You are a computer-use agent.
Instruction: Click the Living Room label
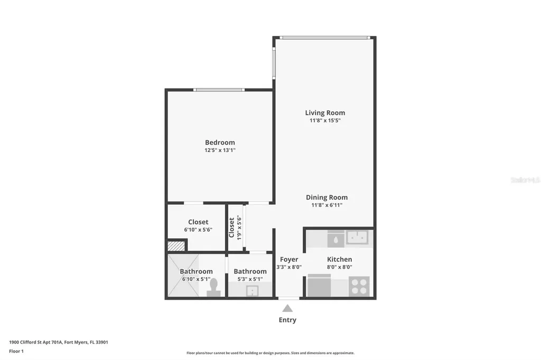point(325,112)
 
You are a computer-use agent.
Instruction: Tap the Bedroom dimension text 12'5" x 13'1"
point(220,150)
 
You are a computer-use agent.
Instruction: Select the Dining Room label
point(327,197)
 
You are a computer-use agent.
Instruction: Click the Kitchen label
point(339,259)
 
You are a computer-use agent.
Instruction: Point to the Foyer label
point(289,259)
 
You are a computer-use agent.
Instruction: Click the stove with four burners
point(359,287)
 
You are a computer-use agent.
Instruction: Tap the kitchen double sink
point(357,238)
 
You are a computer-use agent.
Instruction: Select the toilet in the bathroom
point(214,286)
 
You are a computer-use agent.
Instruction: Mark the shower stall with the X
point(183,276)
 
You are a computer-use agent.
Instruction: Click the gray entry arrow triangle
point(287,308)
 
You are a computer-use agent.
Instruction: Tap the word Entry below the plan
point(287,320)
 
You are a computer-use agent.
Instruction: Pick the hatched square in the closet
point(176,245)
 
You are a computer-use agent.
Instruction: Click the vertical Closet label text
point(231,228)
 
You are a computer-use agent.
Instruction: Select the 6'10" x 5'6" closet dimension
point(198,230)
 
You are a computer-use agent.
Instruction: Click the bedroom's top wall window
point(219,90)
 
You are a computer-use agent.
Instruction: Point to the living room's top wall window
point(324,37)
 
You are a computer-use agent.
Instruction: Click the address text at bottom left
point(59,342)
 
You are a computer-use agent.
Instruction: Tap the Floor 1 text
point(16,351)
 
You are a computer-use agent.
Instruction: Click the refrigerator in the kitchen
point(319,287)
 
